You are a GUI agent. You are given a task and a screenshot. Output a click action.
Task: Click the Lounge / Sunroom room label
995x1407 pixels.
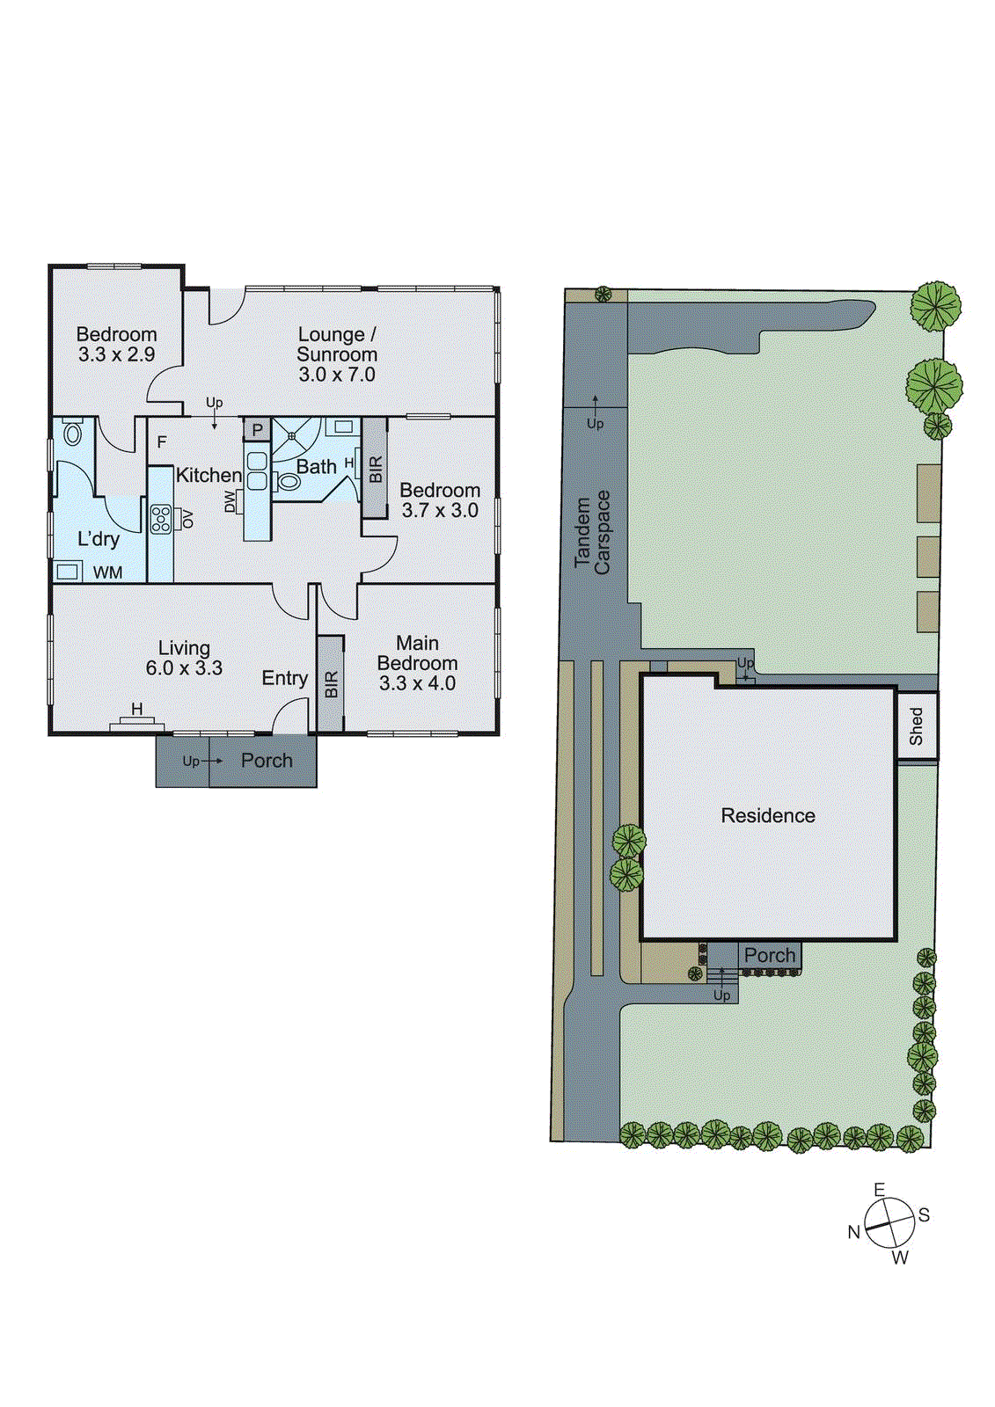(337, 345)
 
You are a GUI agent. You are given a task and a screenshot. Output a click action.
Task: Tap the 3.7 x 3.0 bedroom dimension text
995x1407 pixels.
(440, 511)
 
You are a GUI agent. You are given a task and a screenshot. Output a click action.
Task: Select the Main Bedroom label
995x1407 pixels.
(417, 653)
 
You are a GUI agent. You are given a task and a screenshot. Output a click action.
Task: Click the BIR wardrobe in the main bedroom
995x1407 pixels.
(331, 683)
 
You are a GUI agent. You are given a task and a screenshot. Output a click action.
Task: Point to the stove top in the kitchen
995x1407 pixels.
(160, 518)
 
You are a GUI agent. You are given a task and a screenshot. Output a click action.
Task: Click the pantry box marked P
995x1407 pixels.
(257, 430)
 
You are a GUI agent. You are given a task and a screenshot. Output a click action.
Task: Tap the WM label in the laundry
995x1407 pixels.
(108, 572)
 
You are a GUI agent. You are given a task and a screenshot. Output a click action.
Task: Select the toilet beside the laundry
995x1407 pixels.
(73, 433)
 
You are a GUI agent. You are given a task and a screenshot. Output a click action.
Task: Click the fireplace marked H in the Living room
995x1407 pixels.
(136, 718)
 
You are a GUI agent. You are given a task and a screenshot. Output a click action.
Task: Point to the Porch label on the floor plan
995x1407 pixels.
(267, 761)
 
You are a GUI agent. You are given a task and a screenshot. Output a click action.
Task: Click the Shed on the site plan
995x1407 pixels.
(917, 725)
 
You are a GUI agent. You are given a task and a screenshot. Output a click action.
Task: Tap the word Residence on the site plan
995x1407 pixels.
(768, 816)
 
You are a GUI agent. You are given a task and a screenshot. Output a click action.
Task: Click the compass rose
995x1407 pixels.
(889, 1223)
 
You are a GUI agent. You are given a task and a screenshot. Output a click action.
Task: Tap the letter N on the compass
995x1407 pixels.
(853, 1232)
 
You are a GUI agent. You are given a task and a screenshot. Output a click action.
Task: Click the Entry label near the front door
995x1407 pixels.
(284, 678)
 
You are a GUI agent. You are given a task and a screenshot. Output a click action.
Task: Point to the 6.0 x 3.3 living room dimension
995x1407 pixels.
(184, 668)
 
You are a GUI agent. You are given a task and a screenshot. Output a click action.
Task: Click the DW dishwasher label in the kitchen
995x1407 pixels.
(230, 501)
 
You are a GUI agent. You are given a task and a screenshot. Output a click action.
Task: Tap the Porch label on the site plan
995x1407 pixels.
(770, 955)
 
